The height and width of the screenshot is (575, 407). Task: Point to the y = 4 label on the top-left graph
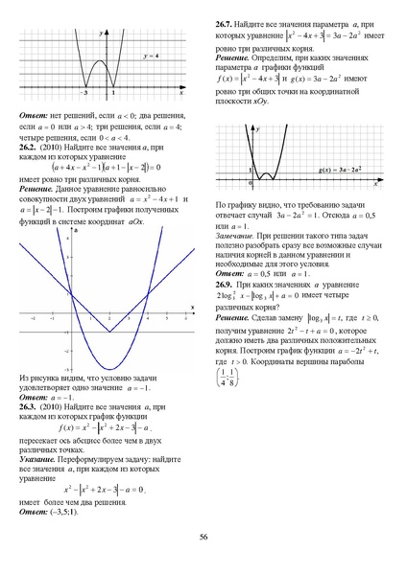point(151,58)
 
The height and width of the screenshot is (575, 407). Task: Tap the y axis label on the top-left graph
point(103,32)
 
